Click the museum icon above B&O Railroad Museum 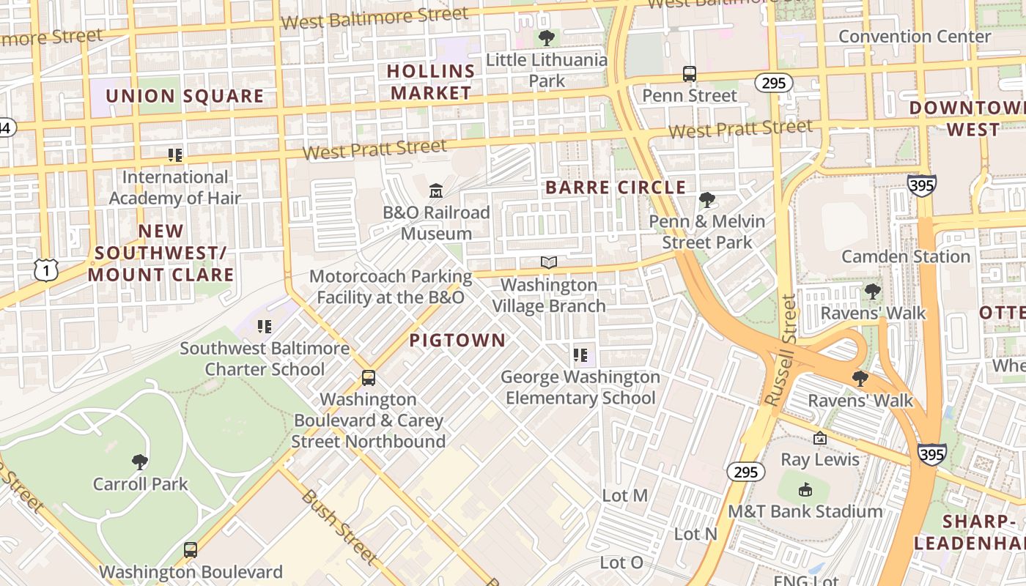coord(436,191)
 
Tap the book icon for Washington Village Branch coord(549,262)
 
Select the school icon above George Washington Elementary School coord(580,355)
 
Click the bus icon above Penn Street coord(690,74)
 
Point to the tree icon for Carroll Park coord(140,462)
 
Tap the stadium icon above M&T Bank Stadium coord(805,489)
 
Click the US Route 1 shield coord(45,270)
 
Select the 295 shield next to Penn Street coord(774,83)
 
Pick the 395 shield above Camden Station coord(921,185)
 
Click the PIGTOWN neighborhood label coord(457,340)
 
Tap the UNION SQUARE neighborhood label coord(185,96)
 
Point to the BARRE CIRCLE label coord(616,188)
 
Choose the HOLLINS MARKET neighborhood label coord(431,82)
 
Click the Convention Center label coord(914,36)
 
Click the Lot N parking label coord(695,534)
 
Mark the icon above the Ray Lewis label coord(820,438)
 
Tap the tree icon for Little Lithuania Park coord(546,38)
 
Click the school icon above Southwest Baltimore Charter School coord(265,326)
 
